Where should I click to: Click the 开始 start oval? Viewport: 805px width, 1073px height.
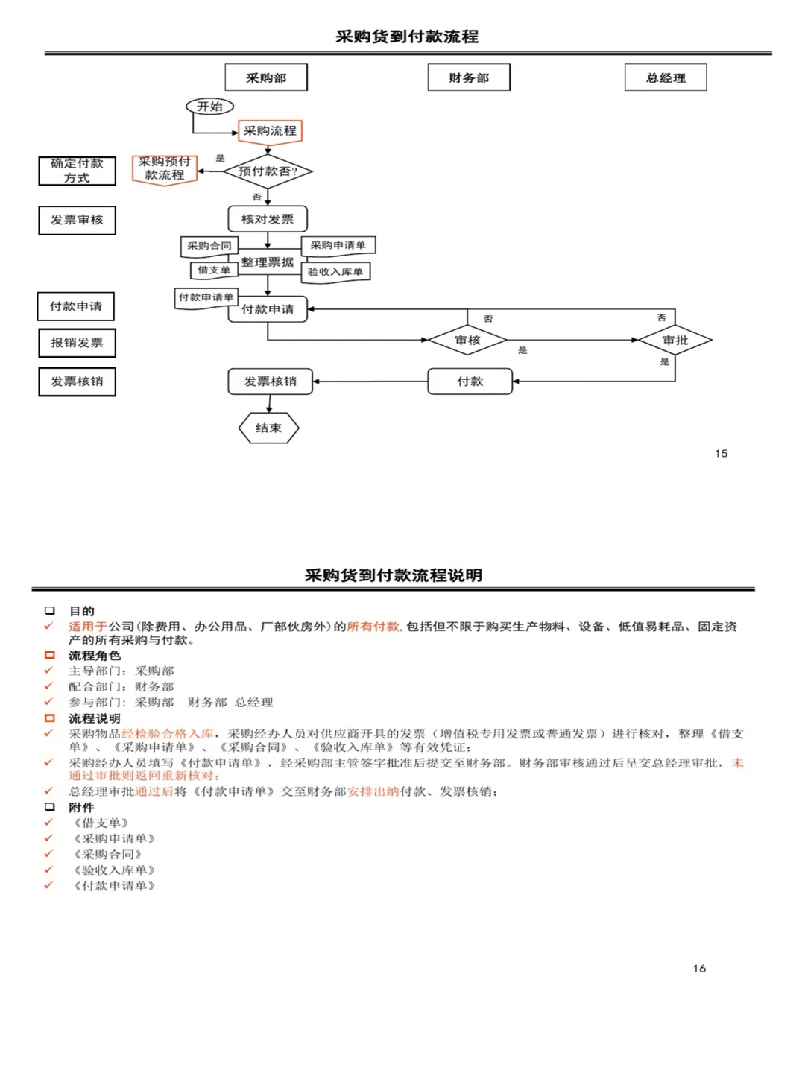[x=209, y=107]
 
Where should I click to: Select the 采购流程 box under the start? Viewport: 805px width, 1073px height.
[x=270, y=131]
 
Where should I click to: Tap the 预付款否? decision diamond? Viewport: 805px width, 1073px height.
[x=268, y=171]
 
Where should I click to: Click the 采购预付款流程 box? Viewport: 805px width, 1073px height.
[x=164, y=169]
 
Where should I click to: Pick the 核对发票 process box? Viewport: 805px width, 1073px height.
[x=268, y=219]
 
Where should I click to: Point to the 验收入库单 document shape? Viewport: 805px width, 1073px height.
[x=335, y=272]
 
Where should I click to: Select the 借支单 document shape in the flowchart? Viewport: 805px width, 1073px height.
[x=214, y=270]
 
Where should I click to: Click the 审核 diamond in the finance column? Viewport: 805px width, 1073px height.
[x=467, y=340]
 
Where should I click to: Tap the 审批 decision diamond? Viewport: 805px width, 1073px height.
[x=675, y=340]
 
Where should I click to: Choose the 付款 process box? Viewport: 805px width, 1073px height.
[x=470, y=382]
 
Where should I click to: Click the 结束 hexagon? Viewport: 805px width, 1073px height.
[x=268, y=428]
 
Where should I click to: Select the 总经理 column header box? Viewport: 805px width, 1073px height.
[x=666, y=77]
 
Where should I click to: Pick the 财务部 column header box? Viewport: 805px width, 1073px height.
[x=469, y=77]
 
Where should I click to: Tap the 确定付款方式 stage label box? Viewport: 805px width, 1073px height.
[x=77, y=171]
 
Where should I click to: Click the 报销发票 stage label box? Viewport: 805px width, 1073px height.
[x=77, y=343]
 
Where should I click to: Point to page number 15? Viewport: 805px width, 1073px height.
[x=721, y=453]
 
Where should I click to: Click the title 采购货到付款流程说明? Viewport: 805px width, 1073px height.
[x=394, y=575]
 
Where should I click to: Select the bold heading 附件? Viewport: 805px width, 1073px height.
[x=81, y=807]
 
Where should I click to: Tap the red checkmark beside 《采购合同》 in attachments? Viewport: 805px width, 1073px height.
[x=48, y=854]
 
